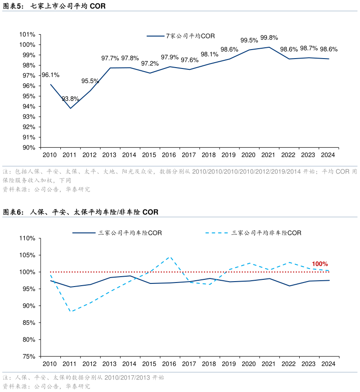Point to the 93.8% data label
pos(70,99)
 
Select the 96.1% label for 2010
pos(50,75)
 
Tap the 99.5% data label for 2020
pos(249,40)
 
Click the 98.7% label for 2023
pos(309,48)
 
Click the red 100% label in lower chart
pos(320,264)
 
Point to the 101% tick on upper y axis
pos(27,35)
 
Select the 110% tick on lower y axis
pos(27,238)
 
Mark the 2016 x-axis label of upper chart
pos(169,155)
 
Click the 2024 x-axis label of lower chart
pos(328,364)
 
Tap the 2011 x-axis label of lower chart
pos(69,364)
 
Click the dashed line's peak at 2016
pos(169,257)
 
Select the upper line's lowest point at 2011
pos(70,108)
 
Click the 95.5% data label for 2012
pos(90,81)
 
